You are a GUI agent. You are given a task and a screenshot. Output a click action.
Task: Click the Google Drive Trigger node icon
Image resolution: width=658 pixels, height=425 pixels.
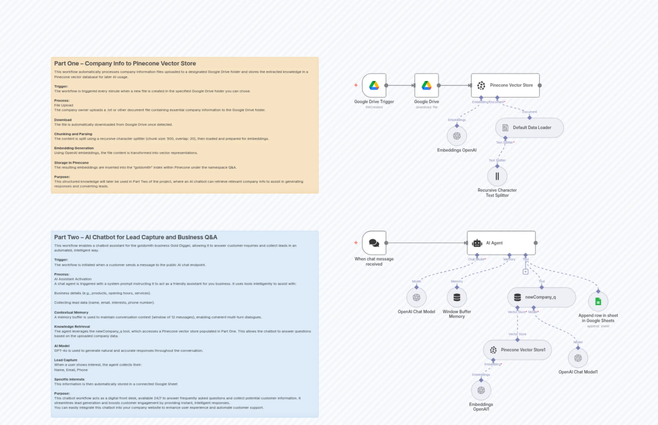tap(374, 85)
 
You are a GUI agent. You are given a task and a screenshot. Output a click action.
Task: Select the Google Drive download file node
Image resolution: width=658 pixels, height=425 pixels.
tap(426, 85)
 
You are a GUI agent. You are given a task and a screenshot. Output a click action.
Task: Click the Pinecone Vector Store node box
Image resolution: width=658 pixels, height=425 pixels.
tap(505, 85)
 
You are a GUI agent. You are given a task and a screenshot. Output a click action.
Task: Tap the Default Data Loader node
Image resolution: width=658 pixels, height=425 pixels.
tap(529, 128)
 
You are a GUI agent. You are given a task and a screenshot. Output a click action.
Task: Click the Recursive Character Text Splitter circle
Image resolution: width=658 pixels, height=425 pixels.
tap(497, 176)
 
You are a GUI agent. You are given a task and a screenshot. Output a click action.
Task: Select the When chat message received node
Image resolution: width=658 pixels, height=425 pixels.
tap(374, 243)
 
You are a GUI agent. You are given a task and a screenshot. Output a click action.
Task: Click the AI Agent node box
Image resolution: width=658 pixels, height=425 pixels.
tap(501, 243)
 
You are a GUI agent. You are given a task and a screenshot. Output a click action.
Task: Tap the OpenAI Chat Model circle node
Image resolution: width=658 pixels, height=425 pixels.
tap(416, 297)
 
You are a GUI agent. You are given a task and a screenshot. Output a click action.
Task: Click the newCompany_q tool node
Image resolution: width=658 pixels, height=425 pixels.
tap(541, 297)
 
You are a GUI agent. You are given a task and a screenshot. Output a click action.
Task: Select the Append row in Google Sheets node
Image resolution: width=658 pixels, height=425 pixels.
tap(598, 301)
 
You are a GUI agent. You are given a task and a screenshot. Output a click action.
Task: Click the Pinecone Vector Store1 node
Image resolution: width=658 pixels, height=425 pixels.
tap(517, 350)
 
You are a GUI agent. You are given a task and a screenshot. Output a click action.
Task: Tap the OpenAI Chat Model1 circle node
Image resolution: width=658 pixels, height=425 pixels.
tap(578, 358)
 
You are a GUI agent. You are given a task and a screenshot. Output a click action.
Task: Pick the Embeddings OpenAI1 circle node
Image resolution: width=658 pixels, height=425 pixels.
tap(481, 390)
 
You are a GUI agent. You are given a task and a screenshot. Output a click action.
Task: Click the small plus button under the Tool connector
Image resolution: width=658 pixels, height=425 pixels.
tap(525, 272)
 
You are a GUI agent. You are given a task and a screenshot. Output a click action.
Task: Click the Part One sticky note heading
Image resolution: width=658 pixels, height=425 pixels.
tap(125, 64)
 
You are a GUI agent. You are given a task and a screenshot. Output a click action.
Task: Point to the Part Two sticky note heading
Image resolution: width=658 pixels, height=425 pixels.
tap(135, 237)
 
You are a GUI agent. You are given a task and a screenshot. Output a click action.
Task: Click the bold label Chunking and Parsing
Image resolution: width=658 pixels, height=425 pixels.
tap(73, 134)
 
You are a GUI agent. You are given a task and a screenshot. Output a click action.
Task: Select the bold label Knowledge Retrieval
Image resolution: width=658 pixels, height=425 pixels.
tap(72, 327)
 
